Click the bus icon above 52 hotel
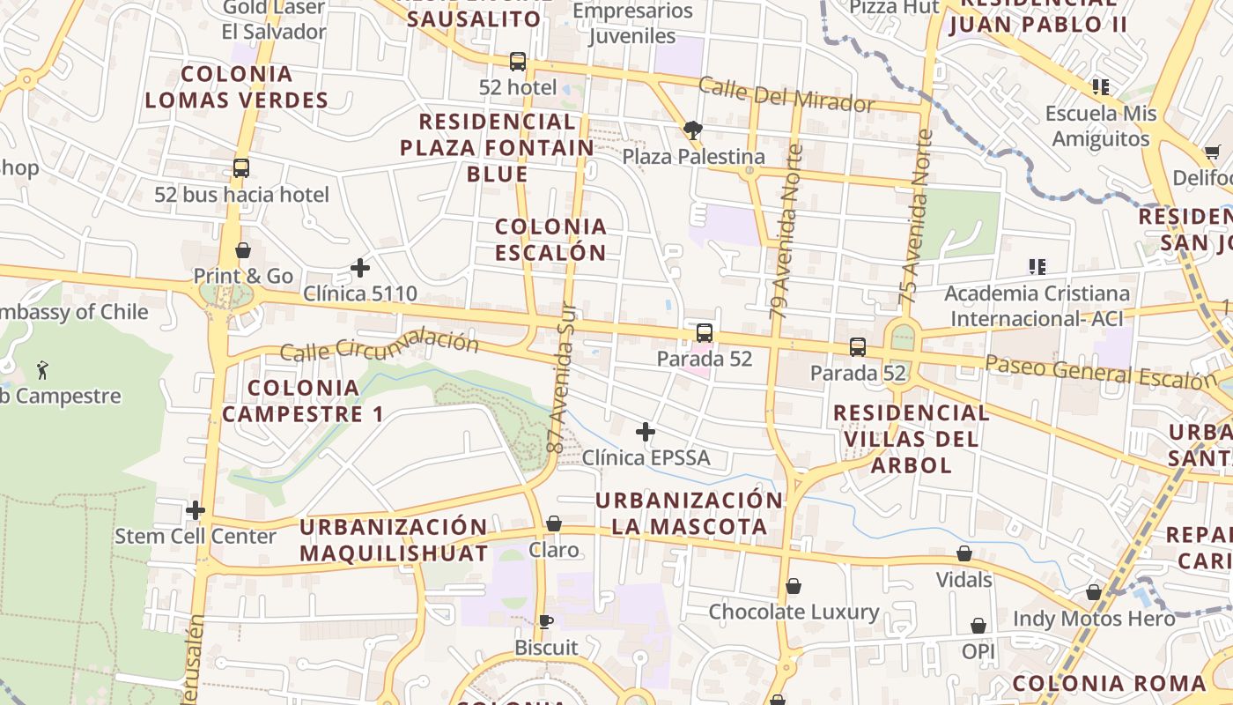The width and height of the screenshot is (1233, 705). coord(518,62)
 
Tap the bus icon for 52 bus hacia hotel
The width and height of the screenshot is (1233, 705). coord(241,167)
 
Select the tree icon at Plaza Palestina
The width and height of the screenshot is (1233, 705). coord(693,131)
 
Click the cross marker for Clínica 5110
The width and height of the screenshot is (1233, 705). coord(360,268)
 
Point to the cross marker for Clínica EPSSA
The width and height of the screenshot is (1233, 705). coord(646,432)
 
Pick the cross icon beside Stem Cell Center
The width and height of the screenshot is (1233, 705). coord(196,510)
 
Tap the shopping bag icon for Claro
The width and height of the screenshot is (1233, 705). coord(554,524)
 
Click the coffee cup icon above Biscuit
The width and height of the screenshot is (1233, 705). coord(546,621)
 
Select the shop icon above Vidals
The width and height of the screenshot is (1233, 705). coord(964,554)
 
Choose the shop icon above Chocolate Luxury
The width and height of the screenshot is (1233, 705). coord(794,586)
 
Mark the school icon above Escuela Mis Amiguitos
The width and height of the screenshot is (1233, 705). coord(1101,87)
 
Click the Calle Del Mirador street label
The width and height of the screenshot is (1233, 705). coord(786,94)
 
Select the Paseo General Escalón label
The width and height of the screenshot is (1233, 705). coord(1101,372)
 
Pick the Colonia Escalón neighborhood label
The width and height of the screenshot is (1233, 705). coord(550,240)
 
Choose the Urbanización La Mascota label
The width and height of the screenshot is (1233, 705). coord(689,514)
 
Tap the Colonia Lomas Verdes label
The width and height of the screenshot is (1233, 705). coord(236,86)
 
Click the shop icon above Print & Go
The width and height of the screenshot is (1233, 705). coord(243,251)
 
